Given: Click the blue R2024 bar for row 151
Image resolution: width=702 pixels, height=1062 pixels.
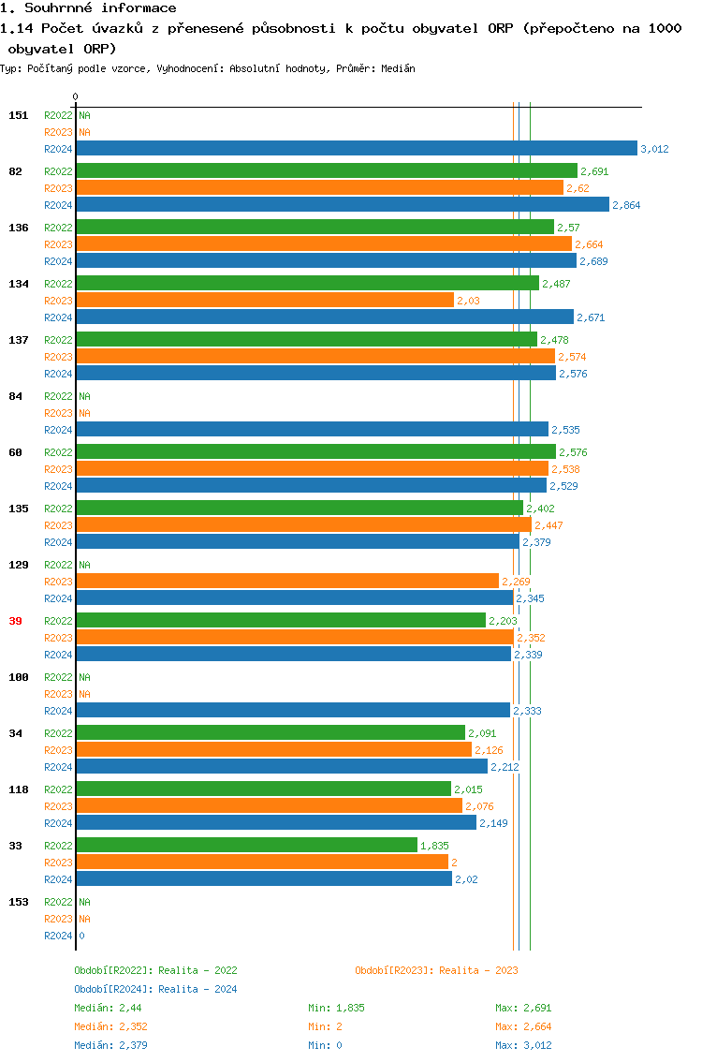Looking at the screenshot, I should [356, 148].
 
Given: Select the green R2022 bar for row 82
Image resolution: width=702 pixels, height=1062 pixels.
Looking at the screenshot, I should [326, 170].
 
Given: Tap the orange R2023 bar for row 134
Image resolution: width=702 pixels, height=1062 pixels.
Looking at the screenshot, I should [264, 300].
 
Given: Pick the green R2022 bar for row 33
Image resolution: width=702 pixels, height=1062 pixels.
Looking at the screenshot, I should [246, 845].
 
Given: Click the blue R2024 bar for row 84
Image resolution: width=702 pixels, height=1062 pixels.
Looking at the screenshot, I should [312, 429].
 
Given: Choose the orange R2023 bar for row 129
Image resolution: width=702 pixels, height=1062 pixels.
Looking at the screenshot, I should [286, 581].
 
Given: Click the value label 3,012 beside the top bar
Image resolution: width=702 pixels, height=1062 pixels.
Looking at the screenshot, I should [654, 149].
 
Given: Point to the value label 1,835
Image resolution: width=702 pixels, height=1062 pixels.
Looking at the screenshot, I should [434, 846].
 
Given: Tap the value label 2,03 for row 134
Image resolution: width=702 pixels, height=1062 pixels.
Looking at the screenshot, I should [468, 301].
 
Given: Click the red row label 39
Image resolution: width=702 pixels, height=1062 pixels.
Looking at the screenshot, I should [15, 621].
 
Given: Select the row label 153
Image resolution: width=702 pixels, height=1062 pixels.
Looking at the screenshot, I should [18, 902].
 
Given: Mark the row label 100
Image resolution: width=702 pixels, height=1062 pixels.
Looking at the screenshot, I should [18, 677].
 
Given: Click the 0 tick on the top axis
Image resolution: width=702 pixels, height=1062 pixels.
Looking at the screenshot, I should [75, 96].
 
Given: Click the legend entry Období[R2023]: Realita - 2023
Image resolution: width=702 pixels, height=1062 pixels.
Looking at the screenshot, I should [436, 970].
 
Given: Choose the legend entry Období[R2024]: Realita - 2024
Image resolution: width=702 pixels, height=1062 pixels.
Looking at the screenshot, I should [155, 989].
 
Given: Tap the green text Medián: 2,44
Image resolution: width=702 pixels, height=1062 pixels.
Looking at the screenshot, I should [108, 1008].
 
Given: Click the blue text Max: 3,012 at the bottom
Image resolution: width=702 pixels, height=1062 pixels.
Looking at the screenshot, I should [523, 1045].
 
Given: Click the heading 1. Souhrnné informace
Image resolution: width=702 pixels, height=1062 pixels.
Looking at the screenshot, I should [89, 8].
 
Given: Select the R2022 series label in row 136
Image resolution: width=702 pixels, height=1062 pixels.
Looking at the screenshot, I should [58, 228].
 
